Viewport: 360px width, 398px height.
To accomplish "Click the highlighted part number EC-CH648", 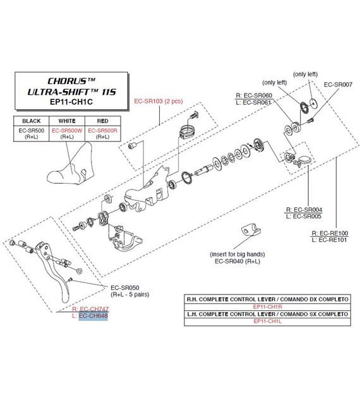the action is point(93,316).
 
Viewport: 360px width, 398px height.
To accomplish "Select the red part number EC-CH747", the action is point(94,309).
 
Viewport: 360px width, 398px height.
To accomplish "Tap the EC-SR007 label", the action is point(338,85).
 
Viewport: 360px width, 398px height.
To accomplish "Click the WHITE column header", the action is point(67,121).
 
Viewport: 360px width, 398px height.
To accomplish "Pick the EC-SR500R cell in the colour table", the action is point(102,131).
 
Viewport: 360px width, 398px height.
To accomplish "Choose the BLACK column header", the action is point(31,121).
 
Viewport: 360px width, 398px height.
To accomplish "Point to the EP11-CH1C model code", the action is point(71,102).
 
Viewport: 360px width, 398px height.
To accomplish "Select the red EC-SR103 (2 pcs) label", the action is point(159,101).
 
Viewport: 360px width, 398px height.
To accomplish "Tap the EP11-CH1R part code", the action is point(267,306).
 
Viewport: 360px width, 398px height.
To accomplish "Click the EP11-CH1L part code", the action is point(267,321).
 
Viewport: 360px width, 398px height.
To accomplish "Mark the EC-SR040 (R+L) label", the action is point(237,261).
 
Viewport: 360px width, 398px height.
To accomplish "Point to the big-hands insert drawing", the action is point(250,229).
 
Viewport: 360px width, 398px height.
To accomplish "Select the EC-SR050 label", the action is point(125,287).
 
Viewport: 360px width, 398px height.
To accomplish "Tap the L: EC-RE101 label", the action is point(329,240).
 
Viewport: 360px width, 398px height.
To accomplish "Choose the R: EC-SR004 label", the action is point(304,210).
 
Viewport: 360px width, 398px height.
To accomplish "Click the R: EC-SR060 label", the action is point(254,95).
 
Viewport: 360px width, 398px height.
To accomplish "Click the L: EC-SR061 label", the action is point(253,102).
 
